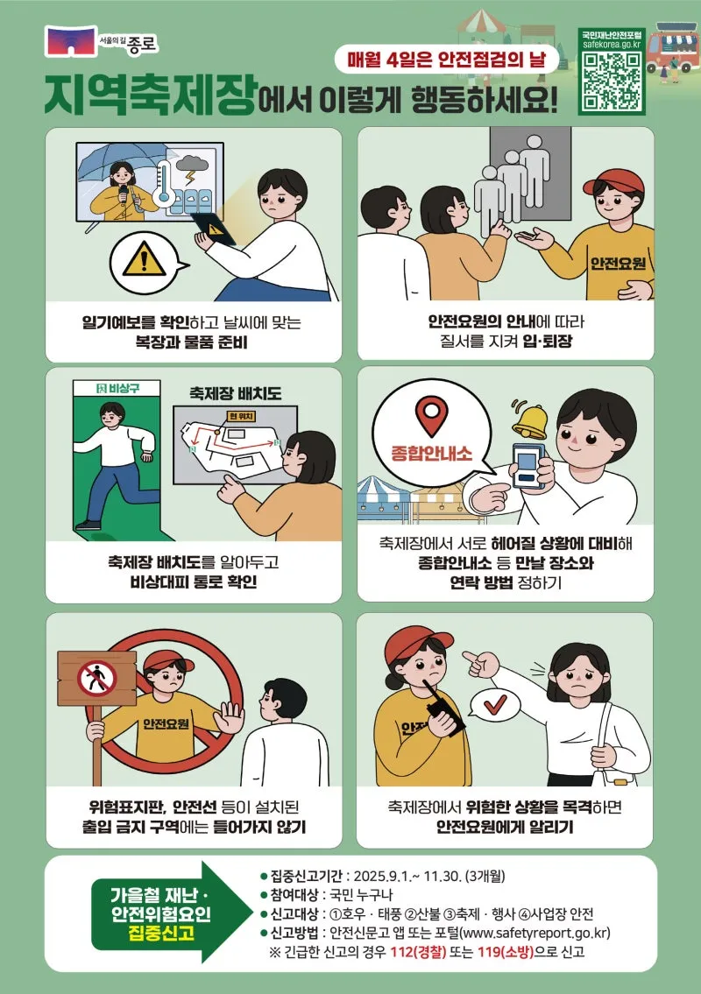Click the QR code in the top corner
pos(611,81)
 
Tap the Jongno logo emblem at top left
pos(70,41)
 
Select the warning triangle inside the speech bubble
pos(144,258)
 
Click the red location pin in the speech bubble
pos(431,415)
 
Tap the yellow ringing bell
pos(530,421)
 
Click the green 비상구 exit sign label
pos(117,388)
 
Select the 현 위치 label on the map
pos(241,416)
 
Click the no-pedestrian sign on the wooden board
pos(97,679)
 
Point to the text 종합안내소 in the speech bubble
pos(431,454)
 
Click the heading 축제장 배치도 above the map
pos(235,393)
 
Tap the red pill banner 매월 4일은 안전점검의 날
pos(447,60)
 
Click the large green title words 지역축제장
pos(151,95)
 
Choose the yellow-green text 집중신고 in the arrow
pos(160,934)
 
